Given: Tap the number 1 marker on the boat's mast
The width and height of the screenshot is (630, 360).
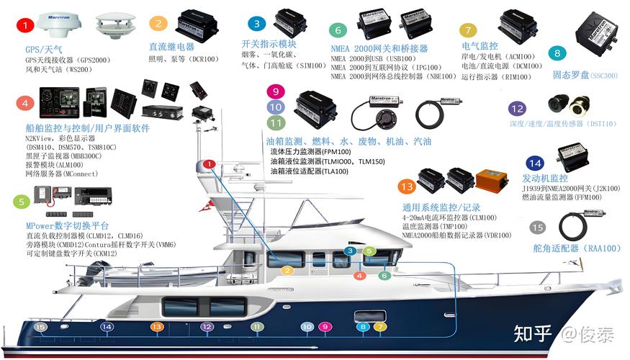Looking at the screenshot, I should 209,164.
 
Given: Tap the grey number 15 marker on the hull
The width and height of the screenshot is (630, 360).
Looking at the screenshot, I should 41,327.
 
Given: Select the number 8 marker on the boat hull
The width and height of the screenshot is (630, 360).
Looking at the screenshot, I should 362,327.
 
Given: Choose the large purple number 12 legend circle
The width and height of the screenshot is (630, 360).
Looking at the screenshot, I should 516,109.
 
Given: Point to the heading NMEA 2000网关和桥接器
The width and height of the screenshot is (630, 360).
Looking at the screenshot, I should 379,48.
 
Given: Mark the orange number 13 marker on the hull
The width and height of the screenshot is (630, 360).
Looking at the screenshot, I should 157,327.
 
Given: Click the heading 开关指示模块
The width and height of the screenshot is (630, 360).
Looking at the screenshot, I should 269,44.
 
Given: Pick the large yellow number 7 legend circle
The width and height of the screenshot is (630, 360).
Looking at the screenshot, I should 469,30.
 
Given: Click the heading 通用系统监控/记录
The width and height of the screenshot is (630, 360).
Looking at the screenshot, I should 439,207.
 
